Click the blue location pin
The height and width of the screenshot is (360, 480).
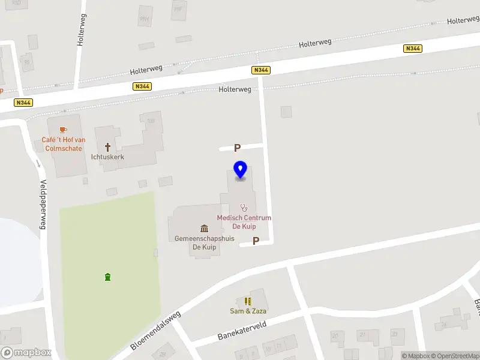(240, 170)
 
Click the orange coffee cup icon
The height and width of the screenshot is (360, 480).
(62, 129)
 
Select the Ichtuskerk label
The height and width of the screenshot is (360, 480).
(107, 157)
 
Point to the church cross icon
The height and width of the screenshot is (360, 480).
(108, 146)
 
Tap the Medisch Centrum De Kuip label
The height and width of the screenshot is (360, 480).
(244, 222)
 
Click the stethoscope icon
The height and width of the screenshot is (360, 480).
(244, 208)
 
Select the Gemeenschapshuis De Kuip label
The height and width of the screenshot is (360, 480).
(204, 242)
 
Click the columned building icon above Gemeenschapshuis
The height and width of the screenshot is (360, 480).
(204, 228)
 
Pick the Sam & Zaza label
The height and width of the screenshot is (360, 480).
(248, 311)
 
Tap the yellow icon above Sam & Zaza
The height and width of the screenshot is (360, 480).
(248, 301)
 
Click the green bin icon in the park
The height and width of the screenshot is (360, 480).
(107, 277)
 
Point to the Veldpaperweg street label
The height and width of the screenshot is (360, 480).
(43, 205)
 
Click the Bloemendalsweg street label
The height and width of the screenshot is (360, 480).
(155, 331)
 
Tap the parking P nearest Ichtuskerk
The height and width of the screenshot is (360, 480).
(237, 148)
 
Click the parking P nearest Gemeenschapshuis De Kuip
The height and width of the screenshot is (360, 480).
(256, 241)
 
